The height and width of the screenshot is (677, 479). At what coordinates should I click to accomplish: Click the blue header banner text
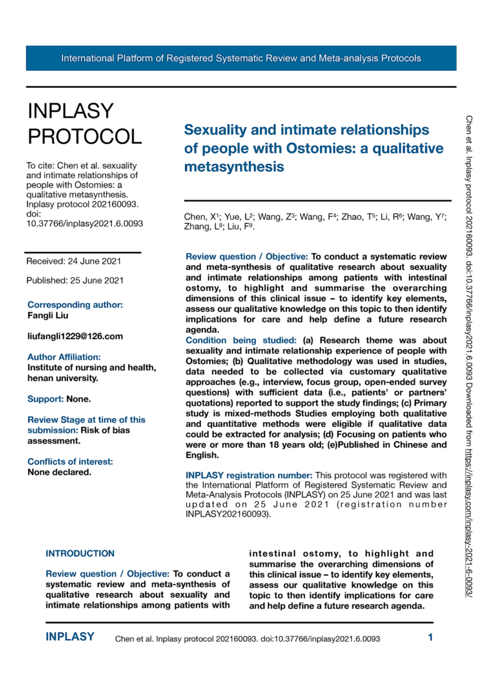(x=241, y=59)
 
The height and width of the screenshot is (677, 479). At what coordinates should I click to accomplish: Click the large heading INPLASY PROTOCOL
(x=84, y=123)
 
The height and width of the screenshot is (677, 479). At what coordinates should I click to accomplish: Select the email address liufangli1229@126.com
(x=74, y=336)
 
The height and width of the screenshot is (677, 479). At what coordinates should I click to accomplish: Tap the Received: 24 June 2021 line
(x=74, y=261)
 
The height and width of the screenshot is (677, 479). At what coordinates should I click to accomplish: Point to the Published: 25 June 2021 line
(x=75, y=280)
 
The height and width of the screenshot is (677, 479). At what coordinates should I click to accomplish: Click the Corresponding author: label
(x=75, y=305)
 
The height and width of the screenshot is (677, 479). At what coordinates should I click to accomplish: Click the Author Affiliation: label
(x=64, y=357)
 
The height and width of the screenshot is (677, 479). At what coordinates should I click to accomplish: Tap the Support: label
(x=47, y=398)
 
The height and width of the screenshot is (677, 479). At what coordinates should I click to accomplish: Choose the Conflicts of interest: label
(x=70, y=461)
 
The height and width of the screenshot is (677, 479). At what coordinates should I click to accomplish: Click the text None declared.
(x=59, y=472)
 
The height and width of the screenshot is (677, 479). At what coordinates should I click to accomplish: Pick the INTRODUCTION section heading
(x=80, y=553)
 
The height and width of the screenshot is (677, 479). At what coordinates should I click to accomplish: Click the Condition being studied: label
(x=243, y=340)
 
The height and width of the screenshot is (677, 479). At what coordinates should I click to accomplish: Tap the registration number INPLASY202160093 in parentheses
(x=227, y=515)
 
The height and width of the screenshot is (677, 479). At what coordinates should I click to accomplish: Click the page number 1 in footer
(x=430, y=637)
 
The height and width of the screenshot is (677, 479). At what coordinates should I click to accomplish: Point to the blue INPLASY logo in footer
(x=70, y=637)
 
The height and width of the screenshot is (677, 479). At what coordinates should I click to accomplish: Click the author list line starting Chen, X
(x=315, y=216)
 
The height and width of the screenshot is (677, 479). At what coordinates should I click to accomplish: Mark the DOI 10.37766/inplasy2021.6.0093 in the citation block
(x=85, y=223)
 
